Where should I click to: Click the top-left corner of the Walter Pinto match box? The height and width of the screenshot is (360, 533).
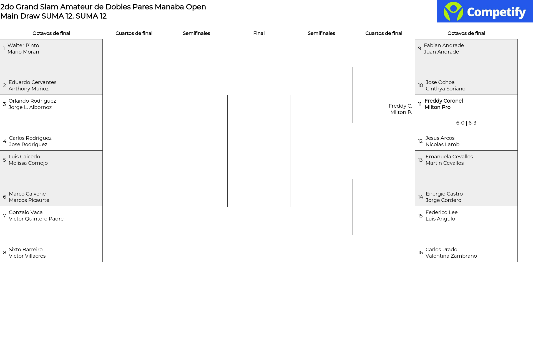pos(0,39)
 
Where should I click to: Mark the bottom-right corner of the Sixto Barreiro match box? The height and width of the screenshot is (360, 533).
pos(102,262)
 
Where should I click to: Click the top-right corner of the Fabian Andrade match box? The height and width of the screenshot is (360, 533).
pos(517,39)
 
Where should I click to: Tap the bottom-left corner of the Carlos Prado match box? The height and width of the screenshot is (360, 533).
pos(415,262)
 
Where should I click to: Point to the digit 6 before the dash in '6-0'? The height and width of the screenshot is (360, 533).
pos(458,123)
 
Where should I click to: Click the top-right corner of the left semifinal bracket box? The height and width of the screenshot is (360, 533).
pos(227,95)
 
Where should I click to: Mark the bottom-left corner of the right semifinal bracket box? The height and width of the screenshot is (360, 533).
pos(290,207)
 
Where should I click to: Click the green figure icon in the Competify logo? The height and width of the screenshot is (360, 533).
pos(453,11)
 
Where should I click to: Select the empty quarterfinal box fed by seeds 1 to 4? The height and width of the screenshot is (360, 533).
pos(134,95)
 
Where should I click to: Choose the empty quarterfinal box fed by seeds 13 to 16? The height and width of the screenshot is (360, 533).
pos(384,207)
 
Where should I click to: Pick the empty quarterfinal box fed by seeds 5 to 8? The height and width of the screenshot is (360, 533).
pos(134,207)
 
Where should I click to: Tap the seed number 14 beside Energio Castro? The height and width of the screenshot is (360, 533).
pos(421,197)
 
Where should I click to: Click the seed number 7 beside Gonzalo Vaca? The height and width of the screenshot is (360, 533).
pos(4,216)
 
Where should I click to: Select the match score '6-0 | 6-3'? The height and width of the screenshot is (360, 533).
pos(466,123)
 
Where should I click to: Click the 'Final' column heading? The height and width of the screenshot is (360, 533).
pos(259,33)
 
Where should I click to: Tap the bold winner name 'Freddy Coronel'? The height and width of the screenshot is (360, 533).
pos(444,101)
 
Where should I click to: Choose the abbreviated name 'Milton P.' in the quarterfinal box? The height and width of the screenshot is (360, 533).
pos(401,112)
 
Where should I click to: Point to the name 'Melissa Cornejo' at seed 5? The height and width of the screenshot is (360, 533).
pos(28,163)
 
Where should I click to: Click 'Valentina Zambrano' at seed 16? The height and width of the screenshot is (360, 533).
pos(451,256)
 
